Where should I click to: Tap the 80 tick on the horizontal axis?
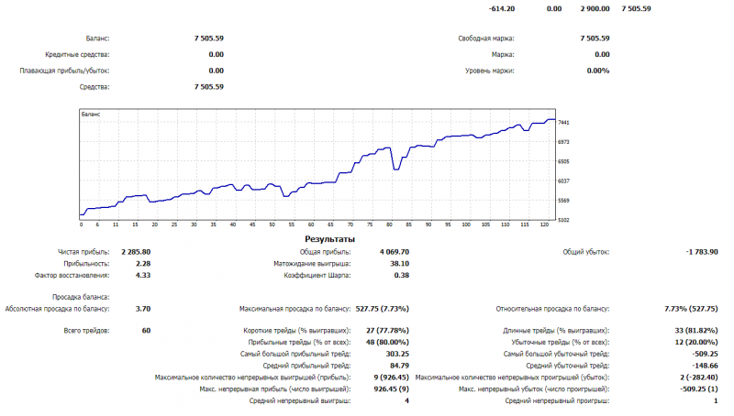click(390, 224)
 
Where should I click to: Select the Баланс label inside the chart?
click(91, 115)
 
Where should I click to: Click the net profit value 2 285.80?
click(136, 250)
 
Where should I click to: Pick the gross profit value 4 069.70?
click(393, 250)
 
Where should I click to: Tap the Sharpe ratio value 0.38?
click(401, 274)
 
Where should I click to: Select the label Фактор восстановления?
click(72, 274)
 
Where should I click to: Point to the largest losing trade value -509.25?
click(705, 353)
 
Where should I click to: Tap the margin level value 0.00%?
click(598, 70)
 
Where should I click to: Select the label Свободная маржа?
click(486, 38)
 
